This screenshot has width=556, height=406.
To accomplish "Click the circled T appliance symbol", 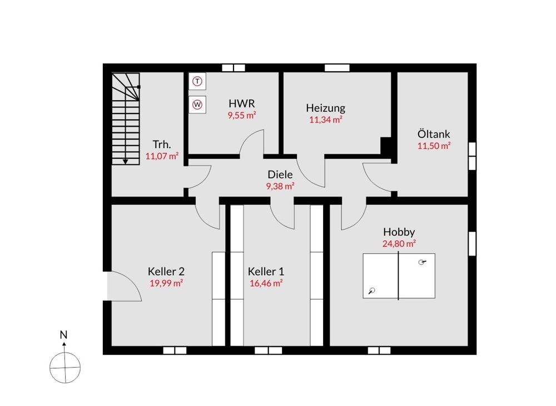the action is click(197, 81).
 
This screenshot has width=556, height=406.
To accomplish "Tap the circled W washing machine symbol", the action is click(197, 105).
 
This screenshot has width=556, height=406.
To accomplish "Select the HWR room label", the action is click(241, 104).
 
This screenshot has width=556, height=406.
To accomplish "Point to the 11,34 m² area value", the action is click(325, 120).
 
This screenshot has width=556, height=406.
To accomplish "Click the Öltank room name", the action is click(434, 134).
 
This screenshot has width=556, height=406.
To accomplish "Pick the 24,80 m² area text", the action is click(399, 244).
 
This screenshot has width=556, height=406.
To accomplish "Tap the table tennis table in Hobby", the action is click(399, 276).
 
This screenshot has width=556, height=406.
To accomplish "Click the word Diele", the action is click(280, 174).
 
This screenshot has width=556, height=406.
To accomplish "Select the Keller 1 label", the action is click(266, 272).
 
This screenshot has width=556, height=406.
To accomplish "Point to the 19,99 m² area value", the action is click(166, 283).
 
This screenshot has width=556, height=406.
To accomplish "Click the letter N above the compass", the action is click(63, 335).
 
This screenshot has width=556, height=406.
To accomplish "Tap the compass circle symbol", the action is click(65, 368).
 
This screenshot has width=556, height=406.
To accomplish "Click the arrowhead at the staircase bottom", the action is click(126, 162).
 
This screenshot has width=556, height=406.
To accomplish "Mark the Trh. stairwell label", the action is click(162, 145).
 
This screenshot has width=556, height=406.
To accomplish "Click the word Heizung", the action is click(325, 108).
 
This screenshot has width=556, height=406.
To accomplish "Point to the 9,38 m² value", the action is click(280, 186).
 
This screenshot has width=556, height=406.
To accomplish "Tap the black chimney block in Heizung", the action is click(386, 145).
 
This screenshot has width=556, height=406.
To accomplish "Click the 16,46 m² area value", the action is click(266, 283).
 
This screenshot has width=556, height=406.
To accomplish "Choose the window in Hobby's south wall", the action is click(379, 351).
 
